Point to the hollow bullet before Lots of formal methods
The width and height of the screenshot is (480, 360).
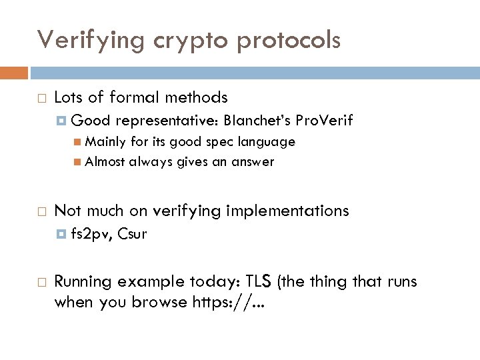pyautogui.click(x=41, y=98)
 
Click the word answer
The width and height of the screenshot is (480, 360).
pyautogui.click(x=254, y=161)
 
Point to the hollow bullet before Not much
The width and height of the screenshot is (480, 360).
pyautogui.click(x=41, y=211)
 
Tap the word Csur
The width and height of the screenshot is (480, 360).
pyautogui.click(x=132, y=234)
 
